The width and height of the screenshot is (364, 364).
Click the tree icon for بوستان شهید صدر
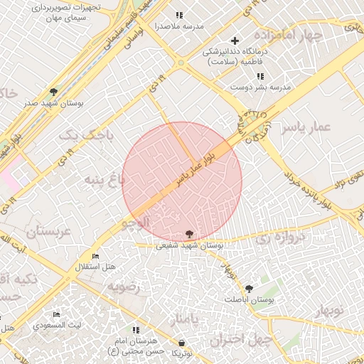(x=53, y=92)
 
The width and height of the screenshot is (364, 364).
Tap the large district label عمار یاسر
(x=306, y=127)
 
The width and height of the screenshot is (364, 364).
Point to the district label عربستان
(x=50, y=232)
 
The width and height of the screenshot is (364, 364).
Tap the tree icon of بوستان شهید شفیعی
(x=189, y=234)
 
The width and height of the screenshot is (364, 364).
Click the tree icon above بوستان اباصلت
(x=249, y=289)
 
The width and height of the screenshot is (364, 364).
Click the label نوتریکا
(x=182, y=353)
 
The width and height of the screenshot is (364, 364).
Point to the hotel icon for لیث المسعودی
(x=56, y=314)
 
